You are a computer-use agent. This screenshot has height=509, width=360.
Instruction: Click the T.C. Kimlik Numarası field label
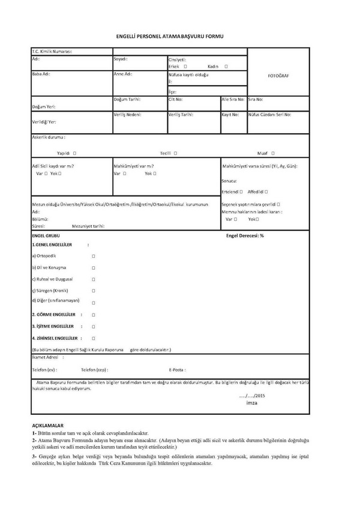point(52,52)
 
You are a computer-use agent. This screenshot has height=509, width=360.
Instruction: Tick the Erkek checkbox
point(186,67)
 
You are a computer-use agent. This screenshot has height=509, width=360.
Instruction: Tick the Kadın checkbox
point(226,67)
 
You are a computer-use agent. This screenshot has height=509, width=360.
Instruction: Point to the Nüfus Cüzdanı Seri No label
point(269,114)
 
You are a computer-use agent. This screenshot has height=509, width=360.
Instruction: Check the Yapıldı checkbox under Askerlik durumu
point(74,153)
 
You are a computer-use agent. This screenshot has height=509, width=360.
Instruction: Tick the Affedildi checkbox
point(268,192)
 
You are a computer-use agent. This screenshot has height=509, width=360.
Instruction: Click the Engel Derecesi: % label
point(245,236)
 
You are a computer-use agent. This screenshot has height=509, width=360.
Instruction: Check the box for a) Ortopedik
point(94,256)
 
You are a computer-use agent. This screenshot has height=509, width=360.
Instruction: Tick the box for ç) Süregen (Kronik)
point(94,290)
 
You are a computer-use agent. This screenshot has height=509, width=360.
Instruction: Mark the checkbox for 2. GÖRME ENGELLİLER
point(94,314)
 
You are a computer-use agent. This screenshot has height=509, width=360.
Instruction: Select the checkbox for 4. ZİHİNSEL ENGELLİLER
point(94,338)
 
